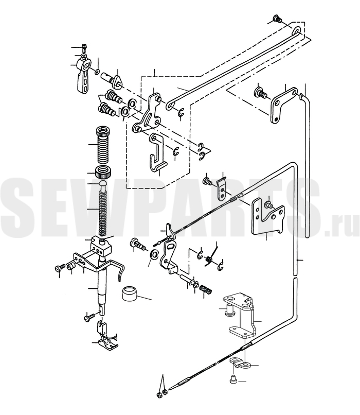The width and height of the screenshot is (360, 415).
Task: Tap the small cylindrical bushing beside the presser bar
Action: point(129,293)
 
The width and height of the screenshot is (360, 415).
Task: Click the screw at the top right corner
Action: point(277,20)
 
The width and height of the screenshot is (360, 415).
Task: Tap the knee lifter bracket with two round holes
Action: point(241,316)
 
